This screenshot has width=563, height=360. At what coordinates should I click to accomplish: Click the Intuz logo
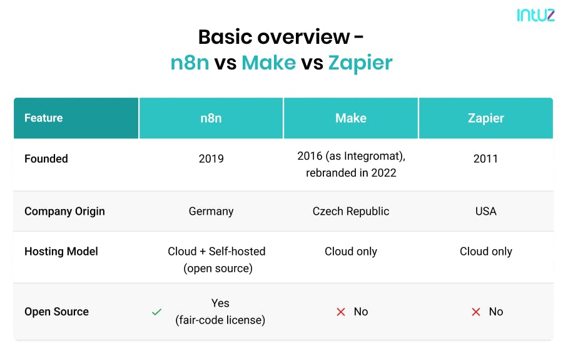(535, 15)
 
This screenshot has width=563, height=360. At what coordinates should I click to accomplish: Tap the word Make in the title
(269, 63)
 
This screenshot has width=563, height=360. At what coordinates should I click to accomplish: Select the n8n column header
(211, 118)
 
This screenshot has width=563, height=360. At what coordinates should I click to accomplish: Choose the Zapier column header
(486, 118)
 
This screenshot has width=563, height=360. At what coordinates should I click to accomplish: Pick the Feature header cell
(76, 118)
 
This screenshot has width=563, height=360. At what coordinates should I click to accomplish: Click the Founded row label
(46, 158)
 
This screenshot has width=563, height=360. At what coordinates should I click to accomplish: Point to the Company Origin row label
(64, 211)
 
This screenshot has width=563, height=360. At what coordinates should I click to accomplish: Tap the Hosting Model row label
(61, 252)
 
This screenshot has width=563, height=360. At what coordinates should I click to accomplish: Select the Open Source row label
(56, 312)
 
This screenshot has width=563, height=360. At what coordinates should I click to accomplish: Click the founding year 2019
(211, 158)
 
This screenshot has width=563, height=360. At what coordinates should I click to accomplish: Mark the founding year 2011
(485, 158)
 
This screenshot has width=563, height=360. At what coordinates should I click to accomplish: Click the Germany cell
(211, 211)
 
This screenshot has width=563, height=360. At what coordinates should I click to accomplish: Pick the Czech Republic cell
(351, 211)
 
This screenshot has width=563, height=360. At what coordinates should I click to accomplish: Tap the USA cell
(486, 211)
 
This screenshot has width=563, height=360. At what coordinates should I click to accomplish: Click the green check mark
(157, 312)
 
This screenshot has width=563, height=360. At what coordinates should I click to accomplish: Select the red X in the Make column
(341, 312)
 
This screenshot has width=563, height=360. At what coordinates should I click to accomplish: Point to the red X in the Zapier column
(476, 312)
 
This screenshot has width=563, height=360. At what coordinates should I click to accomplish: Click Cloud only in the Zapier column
(486, 252)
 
